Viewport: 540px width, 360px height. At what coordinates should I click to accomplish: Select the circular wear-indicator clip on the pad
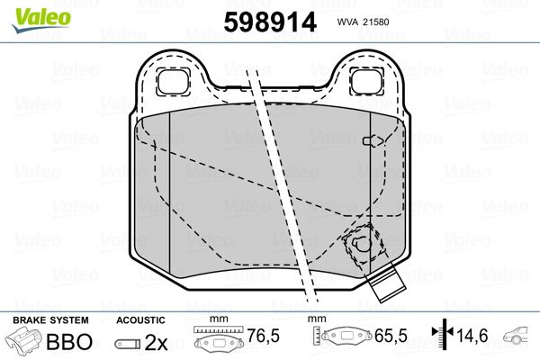360,244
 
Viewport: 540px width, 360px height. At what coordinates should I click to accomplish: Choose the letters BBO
69,342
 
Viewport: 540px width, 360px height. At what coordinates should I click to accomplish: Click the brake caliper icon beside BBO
26,342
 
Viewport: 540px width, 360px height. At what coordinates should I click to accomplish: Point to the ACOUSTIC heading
140,319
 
